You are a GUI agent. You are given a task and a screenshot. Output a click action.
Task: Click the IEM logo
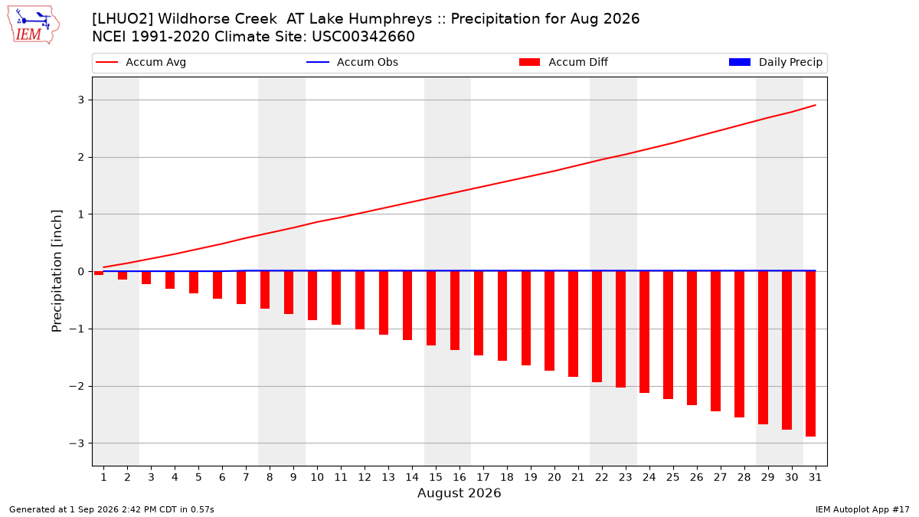(x=34, y=25)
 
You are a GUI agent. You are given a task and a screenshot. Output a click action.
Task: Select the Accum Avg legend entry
(x=141, y=62)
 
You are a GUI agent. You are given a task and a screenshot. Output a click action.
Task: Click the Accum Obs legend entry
(x=352, y=62)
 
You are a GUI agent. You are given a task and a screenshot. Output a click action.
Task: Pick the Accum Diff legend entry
(x=564, y=62)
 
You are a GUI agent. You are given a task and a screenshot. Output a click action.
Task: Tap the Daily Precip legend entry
(x=775, y=62)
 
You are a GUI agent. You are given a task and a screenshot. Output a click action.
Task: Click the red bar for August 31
(x=810, y=354)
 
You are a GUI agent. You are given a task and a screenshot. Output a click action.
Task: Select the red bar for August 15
(x=431, y=308)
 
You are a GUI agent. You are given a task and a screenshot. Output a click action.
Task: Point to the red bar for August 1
(x=99, y=273)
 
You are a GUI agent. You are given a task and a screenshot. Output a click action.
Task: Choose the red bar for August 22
(x=597, y=326)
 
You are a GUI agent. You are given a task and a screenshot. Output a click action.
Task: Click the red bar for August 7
(x=241, y=288)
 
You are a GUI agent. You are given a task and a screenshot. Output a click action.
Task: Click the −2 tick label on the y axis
(x=77, y=386)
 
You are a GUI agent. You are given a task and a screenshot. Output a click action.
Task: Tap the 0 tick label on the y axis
(x=80, y=271)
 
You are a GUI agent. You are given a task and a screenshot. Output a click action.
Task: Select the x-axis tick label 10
(x=317, y=477)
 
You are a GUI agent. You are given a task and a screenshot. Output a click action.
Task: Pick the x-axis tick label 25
(x=672, y=477)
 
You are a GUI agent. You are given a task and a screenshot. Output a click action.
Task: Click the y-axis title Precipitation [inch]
(x=57, y=271)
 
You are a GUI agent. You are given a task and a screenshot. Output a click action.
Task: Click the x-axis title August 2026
(x=459, y=492)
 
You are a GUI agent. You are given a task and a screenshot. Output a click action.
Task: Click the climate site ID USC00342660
(x=363, y=37)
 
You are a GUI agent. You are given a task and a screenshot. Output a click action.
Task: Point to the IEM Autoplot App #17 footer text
(x=862, y=509)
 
